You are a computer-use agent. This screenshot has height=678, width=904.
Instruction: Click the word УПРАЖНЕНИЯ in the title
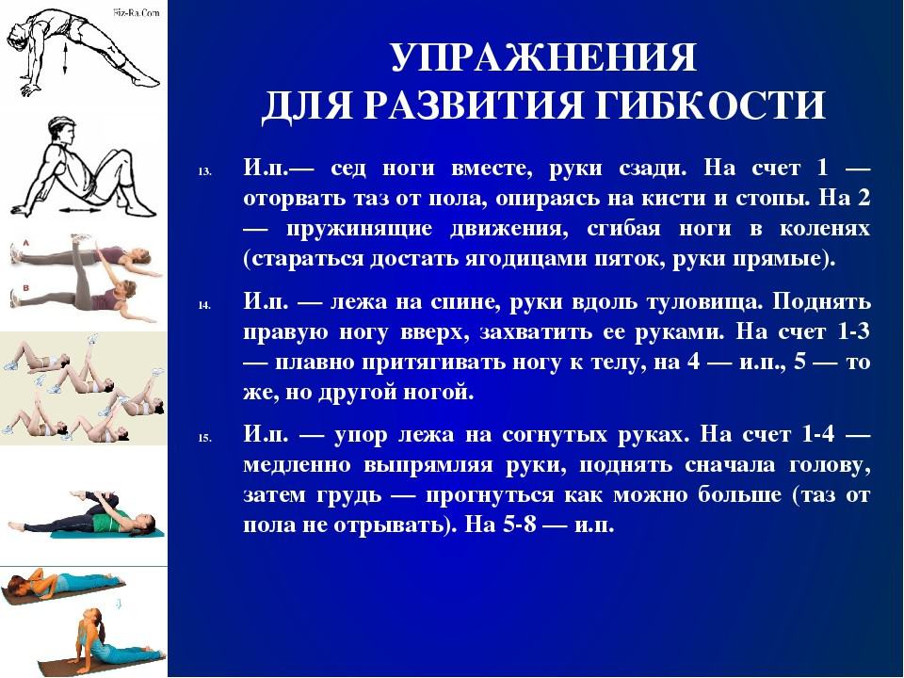543,56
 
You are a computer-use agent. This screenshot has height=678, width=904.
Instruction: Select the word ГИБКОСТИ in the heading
710,105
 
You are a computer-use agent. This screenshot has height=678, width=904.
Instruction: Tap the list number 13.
204,171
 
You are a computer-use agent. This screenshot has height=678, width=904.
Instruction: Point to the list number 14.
204,305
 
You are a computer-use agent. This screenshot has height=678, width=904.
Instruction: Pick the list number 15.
204,438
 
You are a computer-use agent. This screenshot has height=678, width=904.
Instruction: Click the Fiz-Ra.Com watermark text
137,11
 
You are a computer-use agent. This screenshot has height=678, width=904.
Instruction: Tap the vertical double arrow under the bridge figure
65,57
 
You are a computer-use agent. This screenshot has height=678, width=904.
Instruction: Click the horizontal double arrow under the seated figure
80,211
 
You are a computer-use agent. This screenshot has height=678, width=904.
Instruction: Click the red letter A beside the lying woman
25,244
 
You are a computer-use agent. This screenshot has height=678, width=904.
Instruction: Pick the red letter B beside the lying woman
25,287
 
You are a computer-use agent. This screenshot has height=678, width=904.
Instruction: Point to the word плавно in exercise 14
313,363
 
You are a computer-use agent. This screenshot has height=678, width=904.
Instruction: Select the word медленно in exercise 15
297,464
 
